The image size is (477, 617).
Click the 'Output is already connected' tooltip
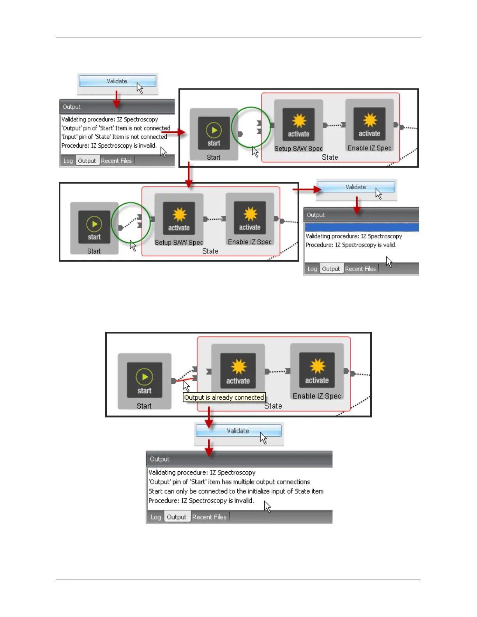click(x=224, y=397)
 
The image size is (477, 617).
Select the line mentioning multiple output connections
click(x=229, y=482)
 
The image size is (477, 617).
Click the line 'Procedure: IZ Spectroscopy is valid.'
click(x=351, y=245)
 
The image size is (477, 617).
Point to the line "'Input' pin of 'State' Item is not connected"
click(x=114, y=137)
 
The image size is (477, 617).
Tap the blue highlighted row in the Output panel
click(x=361, y=227)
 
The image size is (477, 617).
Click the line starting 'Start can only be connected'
click(x=236, y=491)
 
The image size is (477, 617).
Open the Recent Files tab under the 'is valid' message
click(x=360, y=269)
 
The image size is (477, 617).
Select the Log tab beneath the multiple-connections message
click(x=156, y=517)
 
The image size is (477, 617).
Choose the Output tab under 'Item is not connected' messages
click(x=87, y=161)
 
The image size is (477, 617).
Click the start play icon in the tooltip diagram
click(x=145, y=377)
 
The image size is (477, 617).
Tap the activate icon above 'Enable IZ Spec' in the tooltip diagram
click(x=317, y=367)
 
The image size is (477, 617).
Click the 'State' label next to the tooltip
click(x=273, y=406)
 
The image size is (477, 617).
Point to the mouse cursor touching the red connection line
click(x=186, y=386)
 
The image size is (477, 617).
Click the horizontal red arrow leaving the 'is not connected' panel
click(x=173, y=132)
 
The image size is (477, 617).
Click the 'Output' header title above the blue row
click(x=316, y=215)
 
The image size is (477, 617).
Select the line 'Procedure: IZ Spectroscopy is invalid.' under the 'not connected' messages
click(x=109, y=146)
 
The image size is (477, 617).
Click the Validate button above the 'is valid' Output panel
click(x=356, y=187)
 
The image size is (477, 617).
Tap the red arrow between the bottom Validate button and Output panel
click(x=209, y=448)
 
